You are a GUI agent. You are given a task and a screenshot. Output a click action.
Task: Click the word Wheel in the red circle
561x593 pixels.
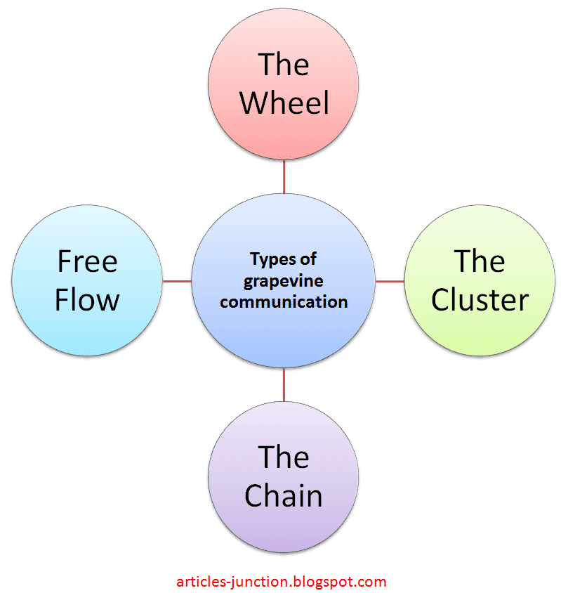point(284,103)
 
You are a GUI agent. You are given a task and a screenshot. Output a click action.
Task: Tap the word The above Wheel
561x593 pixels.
point(284,65)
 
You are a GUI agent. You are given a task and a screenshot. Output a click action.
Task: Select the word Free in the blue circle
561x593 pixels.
point(87,262)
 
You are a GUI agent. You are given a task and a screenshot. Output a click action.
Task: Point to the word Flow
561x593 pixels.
point(87,300)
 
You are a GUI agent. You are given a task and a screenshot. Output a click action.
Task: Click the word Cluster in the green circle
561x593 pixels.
point(480,300)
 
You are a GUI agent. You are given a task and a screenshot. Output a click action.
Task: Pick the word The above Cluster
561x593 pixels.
point(480,262)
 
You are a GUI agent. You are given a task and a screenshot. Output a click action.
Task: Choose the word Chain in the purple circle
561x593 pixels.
point(284,496)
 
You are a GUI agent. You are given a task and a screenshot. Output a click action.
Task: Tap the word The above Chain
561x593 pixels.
point(284,457)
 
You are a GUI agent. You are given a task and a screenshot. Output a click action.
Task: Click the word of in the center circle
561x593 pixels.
point(308,260)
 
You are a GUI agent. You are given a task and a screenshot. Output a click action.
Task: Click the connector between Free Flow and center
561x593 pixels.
point(177,281)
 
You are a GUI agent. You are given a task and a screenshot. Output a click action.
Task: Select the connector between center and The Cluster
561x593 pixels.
point(390,281)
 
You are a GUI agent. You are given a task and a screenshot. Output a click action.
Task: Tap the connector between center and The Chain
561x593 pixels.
point(284,386)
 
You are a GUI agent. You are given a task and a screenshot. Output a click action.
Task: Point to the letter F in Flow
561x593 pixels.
point(63,300)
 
